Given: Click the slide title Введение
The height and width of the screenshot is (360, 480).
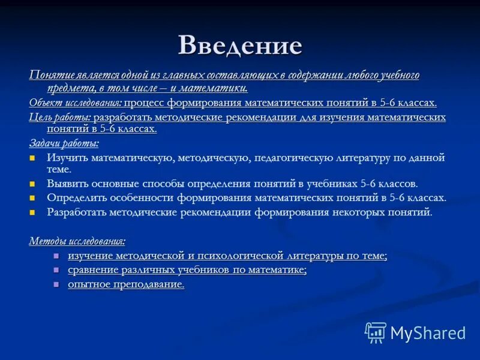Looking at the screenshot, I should click(x=239, y=46).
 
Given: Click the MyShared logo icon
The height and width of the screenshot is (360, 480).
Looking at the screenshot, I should click(x=376, y=332).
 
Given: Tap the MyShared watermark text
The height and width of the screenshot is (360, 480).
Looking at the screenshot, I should click(x=428, y=333).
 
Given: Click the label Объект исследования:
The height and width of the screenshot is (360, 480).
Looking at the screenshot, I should click(x=76, y=103).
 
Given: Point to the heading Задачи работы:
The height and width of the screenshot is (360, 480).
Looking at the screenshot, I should click(x=64, y=143).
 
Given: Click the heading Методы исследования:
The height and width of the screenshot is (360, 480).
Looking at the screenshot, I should click(x=77, y=241).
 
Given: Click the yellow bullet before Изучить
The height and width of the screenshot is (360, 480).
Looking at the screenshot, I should click(x=33, y=158).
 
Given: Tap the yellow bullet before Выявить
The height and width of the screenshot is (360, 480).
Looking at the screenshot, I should click(x=33, y=184).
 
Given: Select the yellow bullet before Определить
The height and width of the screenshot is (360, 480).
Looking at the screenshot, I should click(x=33, y=198).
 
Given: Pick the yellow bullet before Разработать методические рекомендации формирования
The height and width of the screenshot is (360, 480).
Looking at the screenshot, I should click(x=33, y=212).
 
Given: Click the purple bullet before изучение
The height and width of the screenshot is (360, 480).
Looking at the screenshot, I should click(x=56, y=256).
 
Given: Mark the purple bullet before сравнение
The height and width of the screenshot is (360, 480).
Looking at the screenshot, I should click(x=56, y=271).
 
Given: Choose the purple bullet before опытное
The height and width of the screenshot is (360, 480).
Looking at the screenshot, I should click(x=56, y=285).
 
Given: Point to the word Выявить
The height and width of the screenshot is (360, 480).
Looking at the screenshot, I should click(x=67, y=184).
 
